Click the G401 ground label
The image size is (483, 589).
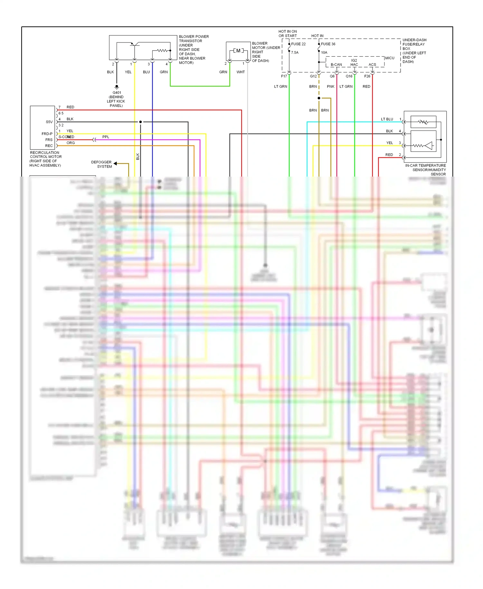pyautogui.click(x=117, y=92)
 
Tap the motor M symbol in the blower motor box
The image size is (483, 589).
pyautogui.click(x=238, y=51)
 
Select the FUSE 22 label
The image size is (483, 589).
pyautogui.click(x=298, y=44)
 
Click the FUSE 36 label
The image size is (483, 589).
pyautogui.click(x=328, y=44)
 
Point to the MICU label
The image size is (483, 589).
pyautogui.click(x=390, y=58)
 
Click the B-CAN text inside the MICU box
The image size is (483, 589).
pyautogui.click(x=336, y=64)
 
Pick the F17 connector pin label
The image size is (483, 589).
pyautogui.click(x=284, y=76)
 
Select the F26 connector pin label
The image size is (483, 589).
pyautogui.click(x=367, y=76)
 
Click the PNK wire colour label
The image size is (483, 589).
pyautogui.click(x=330, y=87)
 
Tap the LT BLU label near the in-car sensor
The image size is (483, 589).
pyautogui.click(x=387, y=119)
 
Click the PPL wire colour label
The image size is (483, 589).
pyautogui.click(x=106, y=137)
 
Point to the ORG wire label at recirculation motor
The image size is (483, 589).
pyautogui.click(x=71, y=143)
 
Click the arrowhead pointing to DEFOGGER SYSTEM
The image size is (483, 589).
pyautogui.click(x=115, y=164)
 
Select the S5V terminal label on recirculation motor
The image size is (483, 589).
pyautogui.click(x=49, y=122)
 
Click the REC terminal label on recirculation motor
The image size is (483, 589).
pyautogui.click(x=49, y=146)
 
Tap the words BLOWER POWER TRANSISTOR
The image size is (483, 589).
pyautogui.click(x=194, y=39)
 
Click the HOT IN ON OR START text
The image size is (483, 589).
pyautogui.click(x=288, y=34)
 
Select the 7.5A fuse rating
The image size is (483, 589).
pyautogui.click(x=295, y=53)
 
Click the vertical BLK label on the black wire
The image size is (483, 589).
pyautogui.click(x=138, y=157)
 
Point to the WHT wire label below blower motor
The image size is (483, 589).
pyautogui.click(x=241, y=72)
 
